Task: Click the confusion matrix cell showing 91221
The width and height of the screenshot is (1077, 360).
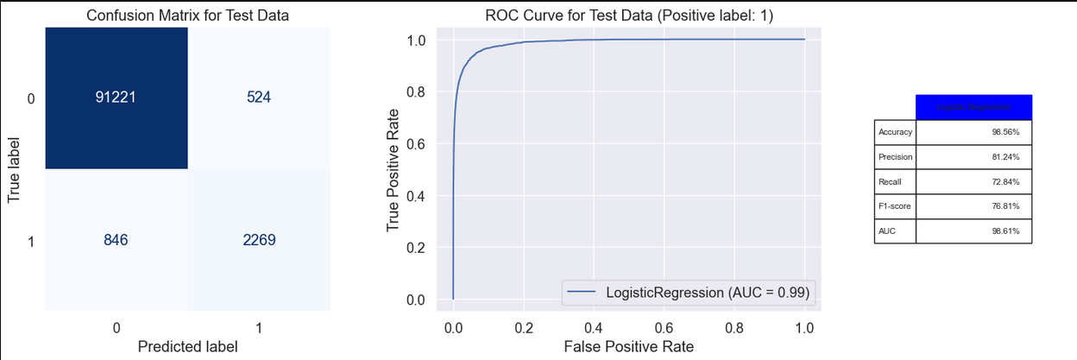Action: pos(116,98)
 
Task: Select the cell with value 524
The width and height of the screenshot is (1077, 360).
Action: pos(258,98)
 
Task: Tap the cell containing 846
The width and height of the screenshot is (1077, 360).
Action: pos(116,240)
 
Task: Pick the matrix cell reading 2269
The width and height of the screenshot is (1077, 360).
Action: pos(258,240)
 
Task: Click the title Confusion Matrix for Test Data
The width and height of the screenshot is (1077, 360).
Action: pos(187,15)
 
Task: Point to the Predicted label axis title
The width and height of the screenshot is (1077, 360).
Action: pos(187,345)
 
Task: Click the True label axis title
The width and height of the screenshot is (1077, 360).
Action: pos(14,168)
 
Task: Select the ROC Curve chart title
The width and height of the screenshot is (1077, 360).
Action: pos(629,15)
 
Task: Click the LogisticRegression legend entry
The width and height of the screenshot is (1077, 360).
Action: pos(690,293)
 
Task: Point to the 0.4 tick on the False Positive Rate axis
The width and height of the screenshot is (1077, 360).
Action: pos(594,328)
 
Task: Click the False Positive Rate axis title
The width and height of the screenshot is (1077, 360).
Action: pos(629,346)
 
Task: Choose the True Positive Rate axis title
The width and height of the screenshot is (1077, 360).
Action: pos(394,169)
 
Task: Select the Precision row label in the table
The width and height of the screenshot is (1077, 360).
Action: pos(895,157)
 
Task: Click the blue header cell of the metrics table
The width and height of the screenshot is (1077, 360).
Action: pos(973,107)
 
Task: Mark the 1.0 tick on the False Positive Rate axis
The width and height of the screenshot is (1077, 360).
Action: pos(804,328)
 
